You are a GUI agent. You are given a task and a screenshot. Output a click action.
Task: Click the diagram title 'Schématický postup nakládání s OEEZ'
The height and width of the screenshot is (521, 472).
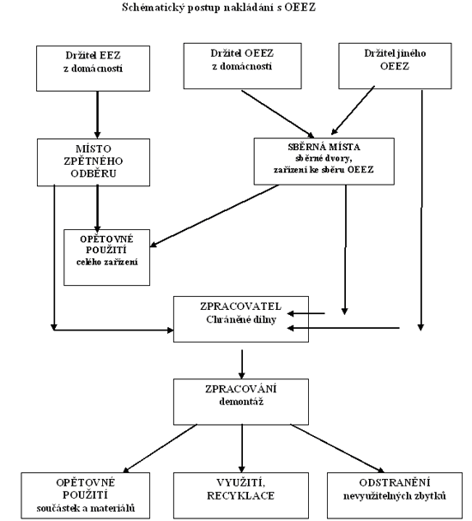(219, 7)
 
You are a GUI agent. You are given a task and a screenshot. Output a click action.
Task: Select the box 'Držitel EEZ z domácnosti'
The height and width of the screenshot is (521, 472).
(93, 69)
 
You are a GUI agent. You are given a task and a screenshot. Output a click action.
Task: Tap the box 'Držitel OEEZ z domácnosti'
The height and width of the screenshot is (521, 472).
(243, 66)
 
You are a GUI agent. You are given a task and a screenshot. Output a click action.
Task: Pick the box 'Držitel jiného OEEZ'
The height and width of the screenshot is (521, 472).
(395, 66)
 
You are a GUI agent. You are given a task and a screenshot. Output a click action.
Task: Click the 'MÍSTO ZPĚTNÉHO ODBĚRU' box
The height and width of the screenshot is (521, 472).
(94, 162)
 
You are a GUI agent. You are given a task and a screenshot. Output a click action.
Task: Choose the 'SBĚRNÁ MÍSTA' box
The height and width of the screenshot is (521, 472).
(324, 161)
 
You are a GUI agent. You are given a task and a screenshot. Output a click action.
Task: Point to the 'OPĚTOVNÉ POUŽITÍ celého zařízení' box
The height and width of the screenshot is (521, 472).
(106, 257)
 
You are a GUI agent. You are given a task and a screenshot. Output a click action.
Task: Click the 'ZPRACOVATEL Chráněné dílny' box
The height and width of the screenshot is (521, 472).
(241, 319)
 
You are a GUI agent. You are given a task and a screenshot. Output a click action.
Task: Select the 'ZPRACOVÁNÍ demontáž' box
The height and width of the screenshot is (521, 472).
(241, 402)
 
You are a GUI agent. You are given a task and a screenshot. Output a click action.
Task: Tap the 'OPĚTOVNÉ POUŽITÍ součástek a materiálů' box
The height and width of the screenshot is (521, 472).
(85, 495)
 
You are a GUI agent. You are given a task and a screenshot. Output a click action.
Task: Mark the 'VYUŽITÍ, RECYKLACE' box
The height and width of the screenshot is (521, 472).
(241, 495)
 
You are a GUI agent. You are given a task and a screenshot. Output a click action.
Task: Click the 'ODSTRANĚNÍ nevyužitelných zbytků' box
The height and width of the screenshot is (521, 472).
(395, 495)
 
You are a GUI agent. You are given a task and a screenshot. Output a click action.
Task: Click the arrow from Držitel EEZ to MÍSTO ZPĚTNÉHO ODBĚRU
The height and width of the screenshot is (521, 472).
(97, 115)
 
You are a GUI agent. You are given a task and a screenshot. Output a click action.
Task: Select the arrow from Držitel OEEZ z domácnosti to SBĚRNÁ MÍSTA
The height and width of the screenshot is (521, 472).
(278, 113)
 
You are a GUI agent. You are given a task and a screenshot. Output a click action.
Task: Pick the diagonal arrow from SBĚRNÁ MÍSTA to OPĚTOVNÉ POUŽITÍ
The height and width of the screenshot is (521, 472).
(215, 215)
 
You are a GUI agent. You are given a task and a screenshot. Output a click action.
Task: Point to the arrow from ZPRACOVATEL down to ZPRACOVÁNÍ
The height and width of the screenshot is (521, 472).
(242, 364)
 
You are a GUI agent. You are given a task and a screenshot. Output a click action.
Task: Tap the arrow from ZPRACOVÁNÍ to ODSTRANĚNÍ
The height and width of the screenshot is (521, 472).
(337, 448)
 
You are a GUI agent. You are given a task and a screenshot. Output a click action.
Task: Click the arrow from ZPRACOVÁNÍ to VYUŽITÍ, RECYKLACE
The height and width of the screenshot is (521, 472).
(242, 449)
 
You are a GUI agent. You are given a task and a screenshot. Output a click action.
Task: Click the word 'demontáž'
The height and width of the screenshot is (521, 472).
(241, 402)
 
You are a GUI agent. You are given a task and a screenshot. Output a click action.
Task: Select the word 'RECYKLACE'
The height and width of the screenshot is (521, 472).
(241, 496)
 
